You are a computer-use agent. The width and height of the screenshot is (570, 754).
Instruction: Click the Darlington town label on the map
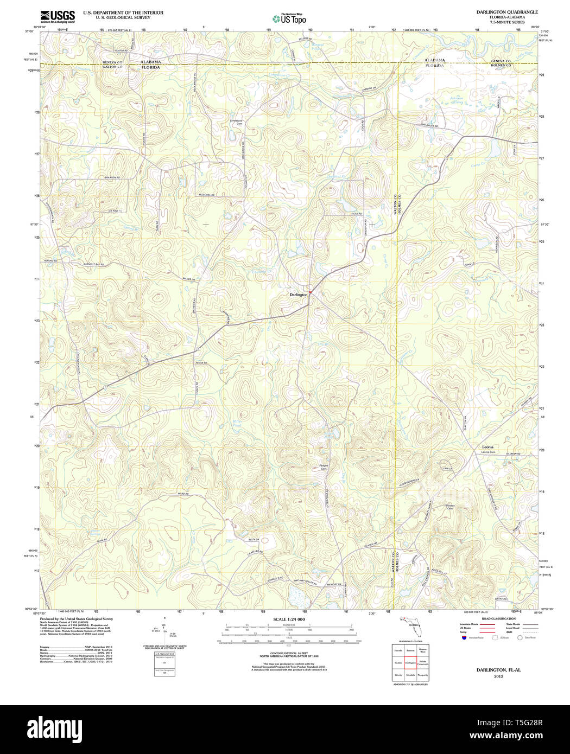pos(298,295)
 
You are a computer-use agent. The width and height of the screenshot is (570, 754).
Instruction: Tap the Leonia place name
pos(488,446)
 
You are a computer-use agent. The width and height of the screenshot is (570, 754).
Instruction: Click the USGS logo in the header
pos(58,16)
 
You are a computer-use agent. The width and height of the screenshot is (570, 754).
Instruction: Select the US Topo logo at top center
pos(290,18)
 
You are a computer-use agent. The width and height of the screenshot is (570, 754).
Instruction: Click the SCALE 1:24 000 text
pos(289,619)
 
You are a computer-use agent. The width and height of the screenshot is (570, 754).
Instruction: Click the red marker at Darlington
pos(310,291)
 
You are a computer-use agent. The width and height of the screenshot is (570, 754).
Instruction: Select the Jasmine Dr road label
pos(369,88)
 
